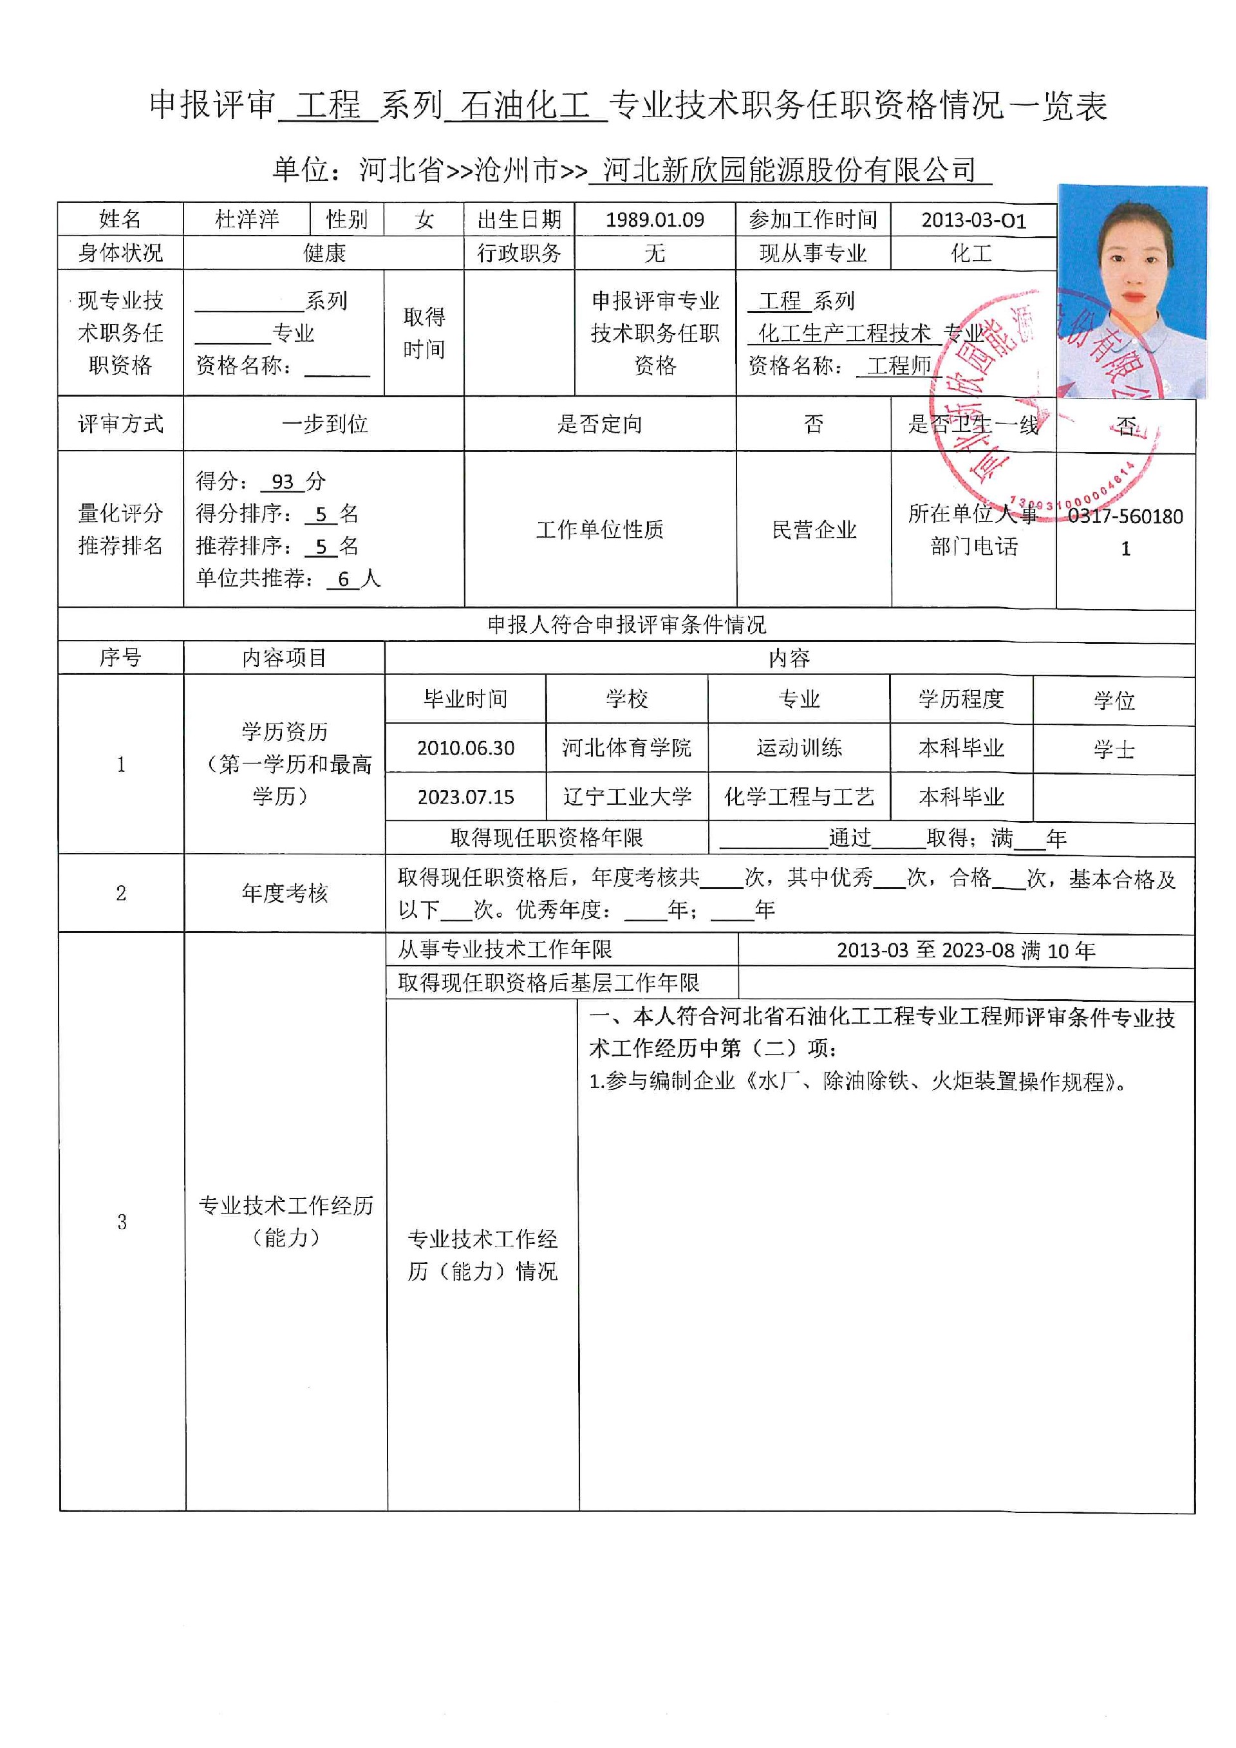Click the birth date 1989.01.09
click(x=655, y=220)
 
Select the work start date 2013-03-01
click(x=973, y=220)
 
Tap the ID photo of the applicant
click(x=1132, y=292)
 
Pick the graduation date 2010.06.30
click(x=466, y=748)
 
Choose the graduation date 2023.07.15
click(x=466, y=797)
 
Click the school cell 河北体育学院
click(x=626, y=748)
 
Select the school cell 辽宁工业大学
click(x=626, y=797)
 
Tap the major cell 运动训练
click(x=799, y=748)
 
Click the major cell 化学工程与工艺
click(x=799, y=797)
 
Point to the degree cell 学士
click(x=1114, y=750)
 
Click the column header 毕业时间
click(x=466, y=699)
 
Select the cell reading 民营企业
click(x=814, y=530)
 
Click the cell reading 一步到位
click(x=325, y=424)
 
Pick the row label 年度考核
click(x=285, y=894)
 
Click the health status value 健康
click(x=325, y=253)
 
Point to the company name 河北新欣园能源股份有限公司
click(x=789, y=170)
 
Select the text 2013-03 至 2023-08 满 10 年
click(x=966, y=950)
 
